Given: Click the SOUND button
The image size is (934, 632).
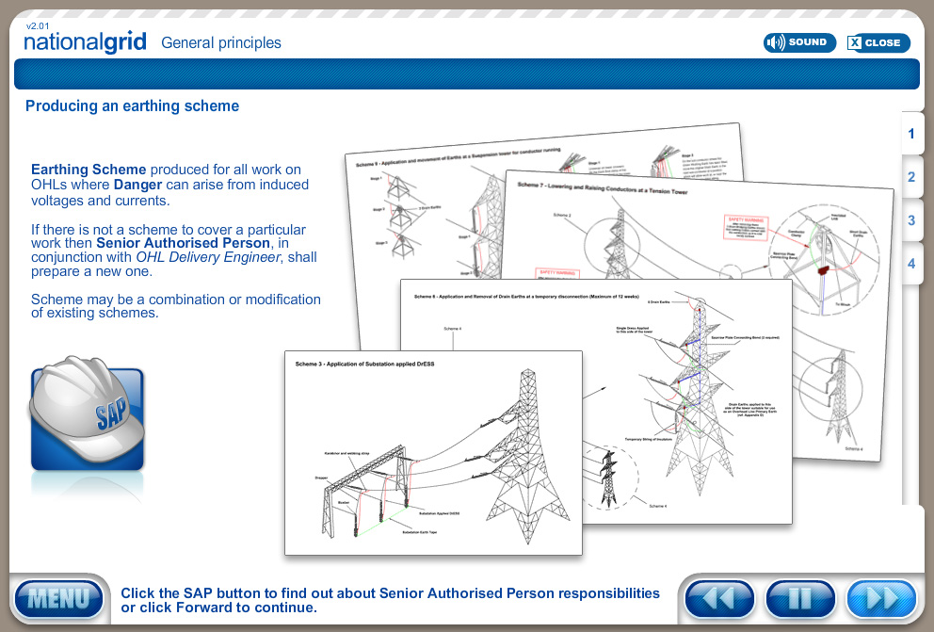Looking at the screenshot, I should pos(799,42).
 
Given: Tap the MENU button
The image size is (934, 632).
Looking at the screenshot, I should pos(58,599).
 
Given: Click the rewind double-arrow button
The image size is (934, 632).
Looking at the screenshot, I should pos(719,599).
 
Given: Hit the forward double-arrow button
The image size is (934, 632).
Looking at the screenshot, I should pos(881,599).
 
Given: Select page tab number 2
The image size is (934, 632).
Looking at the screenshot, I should pos(911,177).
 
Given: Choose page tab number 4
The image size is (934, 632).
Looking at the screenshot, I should pos(911,264).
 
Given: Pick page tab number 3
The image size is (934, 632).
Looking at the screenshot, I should pos(911,220).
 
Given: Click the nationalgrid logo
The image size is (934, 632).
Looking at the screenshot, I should pos(85,42).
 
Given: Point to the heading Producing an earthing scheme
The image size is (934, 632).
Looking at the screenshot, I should pos(132,106).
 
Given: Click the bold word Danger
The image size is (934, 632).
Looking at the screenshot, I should pos(138,185).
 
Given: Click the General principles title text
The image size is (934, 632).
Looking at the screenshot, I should pos(221,42).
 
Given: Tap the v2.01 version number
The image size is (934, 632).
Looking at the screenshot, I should pos(38,25).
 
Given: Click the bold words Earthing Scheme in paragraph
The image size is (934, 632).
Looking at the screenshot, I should pos(89,170).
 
